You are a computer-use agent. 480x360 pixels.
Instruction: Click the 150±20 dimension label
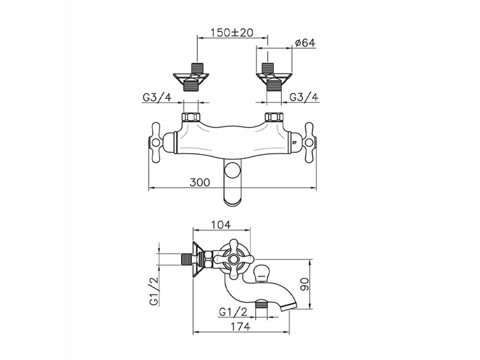coord(232,33)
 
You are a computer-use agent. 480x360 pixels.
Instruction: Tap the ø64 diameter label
coord(305,43)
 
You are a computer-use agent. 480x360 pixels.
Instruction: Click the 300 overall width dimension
coord(200,182)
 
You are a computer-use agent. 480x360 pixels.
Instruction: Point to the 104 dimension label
coord(221,225)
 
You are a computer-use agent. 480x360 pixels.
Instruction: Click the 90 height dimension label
coord(304,284)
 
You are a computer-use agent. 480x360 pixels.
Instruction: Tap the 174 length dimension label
coord(240,327)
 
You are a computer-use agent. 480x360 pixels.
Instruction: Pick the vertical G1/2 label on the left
coord(154,291)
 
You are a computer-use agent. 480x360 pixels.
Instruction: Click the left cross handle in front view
coord(156,142)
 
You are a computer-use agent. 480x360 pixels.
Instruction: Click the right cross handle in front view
coord(309,142)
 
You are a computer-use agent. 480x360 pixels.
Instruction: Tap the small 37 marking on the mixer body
coord(294,143)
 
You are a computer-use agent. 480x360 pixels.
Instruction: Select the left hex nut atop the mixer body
coord(191,117)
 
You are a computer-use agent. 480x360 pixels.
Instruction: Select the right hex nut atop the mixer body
coord(274,117)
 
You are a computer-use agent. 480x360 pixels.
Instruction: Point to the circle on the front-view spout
coord(232,170)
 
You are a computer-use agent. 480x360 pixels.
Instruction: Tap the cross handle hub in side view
coord(233,259)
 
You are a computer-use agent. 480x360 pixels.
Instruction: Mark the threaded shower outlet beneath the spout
coord(261,304)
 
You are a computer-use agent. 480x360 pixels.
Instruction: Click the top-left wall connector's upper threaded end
coord(197,68)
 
